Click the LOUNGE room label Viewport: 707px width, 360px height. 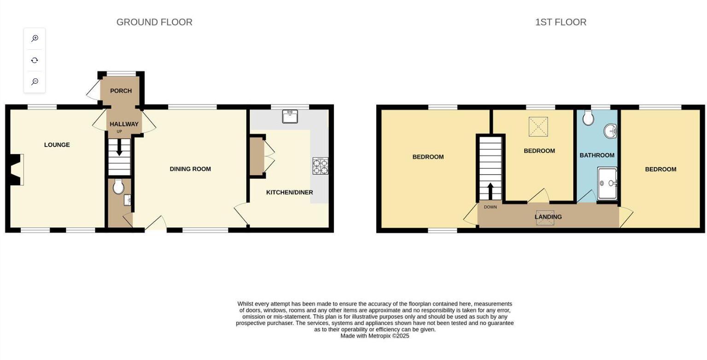tap(57, 145)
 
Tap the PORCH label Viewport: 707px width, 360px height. tap(121, 91)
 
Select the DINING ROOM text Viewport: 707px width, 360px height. tap(190, 169)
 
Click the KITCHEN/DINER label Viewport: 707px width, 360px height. tap(289, 192)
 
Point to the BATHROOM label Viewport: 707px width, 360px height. tap(597, 156)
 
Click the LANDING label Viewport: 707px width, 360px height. tap(548, 217)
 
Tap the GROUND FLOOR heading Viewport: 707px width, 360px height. tap(154, 22)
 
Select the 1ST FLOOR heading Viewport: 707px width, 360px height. tap(561, 22)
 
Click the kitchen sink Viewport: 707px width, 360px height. tap(290, 116)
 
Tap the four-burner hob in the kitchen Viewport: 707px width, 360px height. tap(321, 166)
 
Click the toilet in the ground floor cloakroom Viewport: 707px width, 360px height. tap(118, 186)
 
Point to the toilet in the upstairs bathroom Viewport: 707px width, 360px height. tap(588, 117)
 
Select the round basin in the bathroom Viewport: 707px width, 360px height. tap(611, 131)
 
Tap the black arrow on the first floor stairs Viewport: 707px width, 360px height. tap(490, 191)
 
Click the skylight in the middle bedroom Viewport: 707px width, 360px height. tap(538, 127)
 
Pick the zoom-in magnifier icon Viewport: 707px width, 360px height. tap(35, 39)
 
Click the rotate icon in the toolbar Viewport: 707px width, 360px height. tap(35, 60)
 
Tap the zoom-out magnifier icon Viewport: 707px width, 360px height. tap(35, 82)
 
